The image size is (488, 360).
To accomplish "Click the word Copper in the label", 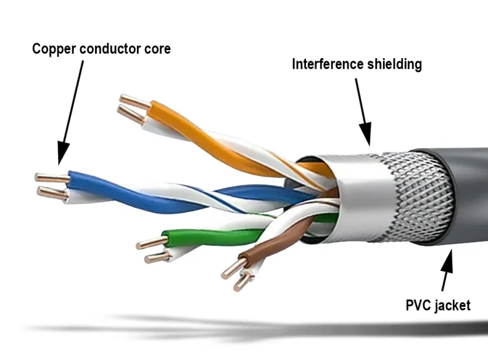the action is [54, 49].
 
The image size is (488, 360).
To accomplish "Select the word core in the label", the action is [158, 49].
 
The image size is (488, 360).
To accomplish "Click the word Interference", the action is [328, 64].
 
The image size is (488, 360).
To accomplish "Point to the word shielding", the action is [395, 64].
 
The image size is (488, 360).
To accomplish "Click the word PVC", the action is [419, 305].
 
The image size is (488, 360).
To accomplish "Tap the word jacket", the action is [453, 306].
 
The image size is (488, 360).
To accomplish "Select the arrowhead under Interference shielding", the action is [366, 134].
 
